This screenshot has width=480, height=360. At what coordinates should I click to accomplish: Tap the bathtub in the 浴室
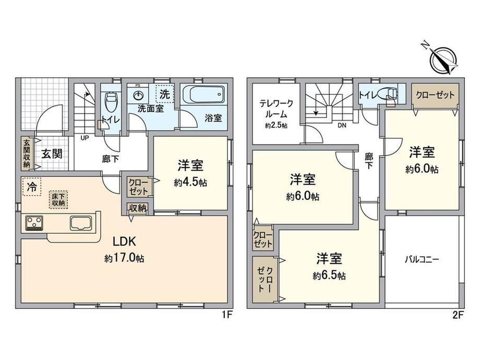tap(203, 94)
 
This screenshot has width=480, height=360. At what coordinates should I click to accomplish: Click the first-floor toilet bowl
tap(110, 102)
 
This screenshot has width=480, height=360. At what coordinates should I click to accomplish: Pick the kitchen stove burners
tap(34, 223)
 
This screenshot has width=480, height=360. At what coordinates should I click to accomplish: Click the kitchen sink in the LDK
tap(81, 223)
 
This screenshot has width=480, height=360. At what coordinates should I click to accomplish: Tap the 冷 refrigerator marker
tap(31, 187)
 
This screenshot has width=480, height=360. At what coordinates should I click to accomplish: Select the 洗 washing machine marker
tap(165, 94)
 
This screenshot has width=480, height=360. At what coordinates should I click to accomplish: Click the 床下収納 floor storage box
tap(58, 200)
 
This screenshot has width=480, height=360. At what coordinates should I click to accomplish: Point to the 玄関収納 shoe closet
tap(27, 153)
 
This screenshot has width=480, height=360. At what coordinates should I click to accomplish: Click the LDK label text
tap(124, 242)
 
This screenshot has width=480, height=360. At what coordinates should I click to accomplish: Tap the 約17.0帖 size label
tap(124, 259)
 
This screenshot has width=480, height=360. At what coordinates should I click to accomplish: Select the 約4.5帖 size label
tap(190, 183)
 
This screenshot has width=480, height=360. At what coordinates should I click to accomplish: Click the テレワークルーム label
tap(276, 109)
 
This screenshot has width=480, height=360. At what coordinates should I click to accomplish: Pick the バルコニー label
tap(422, 260)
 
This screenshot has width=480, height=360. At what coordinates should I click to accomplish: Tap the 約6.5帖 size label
tap(329, 276)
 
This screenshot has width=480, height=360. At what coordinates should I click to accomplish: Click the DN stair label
tap(342, 125)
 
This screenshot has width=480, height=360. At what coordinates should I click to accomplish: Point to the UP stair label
tap(85, 138)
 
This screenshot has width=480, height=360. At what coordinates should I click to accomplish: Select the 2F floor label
tap(458, 315)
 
